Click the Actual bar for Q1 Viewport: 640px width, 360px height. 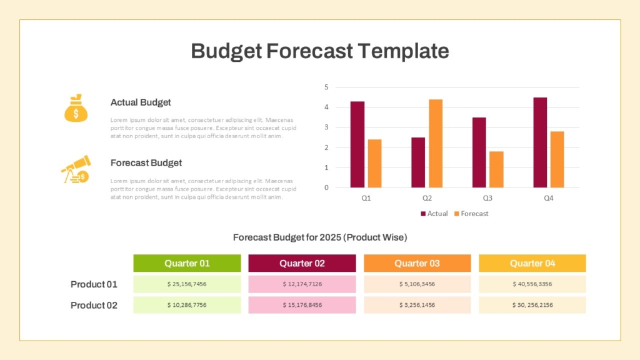357,144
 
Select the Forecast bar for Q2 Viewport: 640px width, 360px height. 436,143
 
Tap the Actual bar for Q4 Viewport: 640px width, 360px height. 540,142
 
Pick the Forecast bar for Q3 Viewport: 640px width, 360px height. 496,169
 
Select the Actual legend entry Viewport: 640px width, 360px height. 434,214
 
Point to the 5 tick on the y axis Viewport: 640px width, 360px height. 326,87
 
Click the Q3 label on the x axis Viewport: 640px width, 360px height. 487,198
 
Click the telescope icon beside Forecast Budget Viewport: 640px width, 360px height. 75,169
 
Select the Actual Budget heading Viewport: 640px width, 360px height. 141,102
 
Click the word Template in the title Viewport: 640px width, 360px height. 403,51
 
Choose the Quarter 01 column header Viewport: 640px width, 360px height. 187,263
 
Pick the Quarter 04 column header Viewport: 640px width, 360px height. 532,263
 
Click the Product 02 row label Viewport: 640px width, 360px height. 94,305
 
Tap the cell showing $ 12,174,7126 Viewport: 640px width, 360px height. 302,284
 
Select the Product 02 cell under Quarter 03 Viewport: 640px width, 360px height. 417,305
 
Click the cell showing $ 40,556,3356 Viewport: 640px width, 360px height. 532,284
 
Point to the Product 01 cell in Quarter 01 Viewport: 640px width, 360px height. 187,284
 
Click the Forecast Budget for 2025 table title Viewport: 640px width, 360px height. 320,237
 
